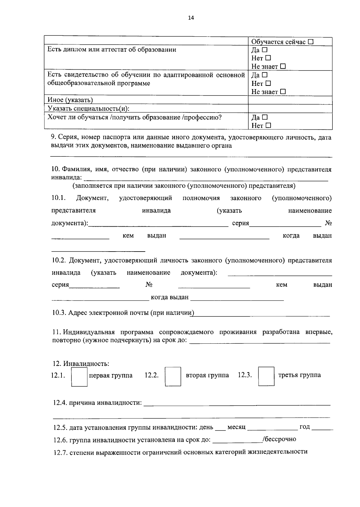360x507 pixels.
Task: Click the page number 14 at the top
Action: click(x=191, y=18)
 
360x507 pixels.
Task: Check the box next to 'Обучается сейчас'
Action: click(x=310, y=42)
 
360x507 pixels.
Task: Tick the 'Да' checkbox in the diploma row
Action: click(x=265, y=50)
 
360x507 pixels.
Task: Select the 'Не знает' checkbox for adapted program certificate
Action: click(x=283, y=92)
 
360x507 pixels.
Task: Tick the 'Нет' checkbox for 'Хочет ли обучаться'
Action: click(x=268, y=125)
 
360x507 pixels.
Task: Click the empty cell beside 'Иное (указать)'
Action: click(x=290, y=100)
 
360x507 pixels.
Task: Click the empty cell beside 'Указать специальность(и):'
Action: click(x=290, y=108)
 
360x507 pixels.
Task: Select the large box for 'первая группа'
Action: click(x=79, y=376)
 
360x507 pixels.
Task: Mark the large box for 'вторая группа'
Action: click(x=173, y=376)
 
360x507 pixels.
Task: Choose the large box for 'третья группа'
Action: click(x=266, y=376)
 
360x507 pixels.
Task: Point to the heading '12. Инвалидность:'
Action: click(x=81, y=364)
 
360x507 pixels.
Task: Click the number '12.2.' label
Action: click(x=151, y=375)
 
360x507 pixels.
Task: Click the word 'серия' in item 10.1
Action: click(x=241, y=224)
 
